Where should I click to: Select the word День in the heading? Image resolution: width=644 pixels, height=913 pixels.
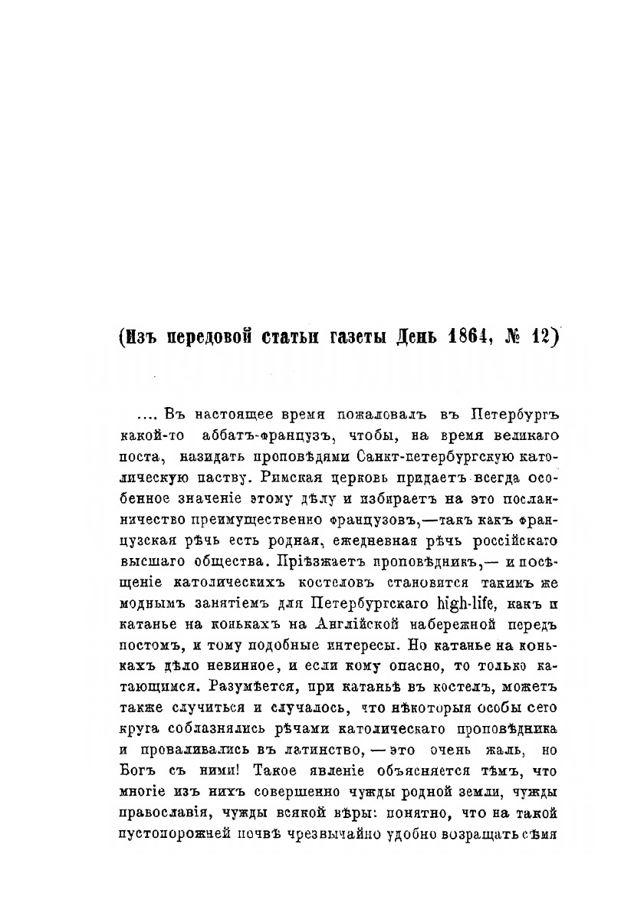pyautogui.click(x=414, y=337)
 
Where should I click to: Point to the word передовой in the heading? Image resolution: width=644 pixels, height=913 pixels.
pyautogui.click(x=217, y=337)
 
